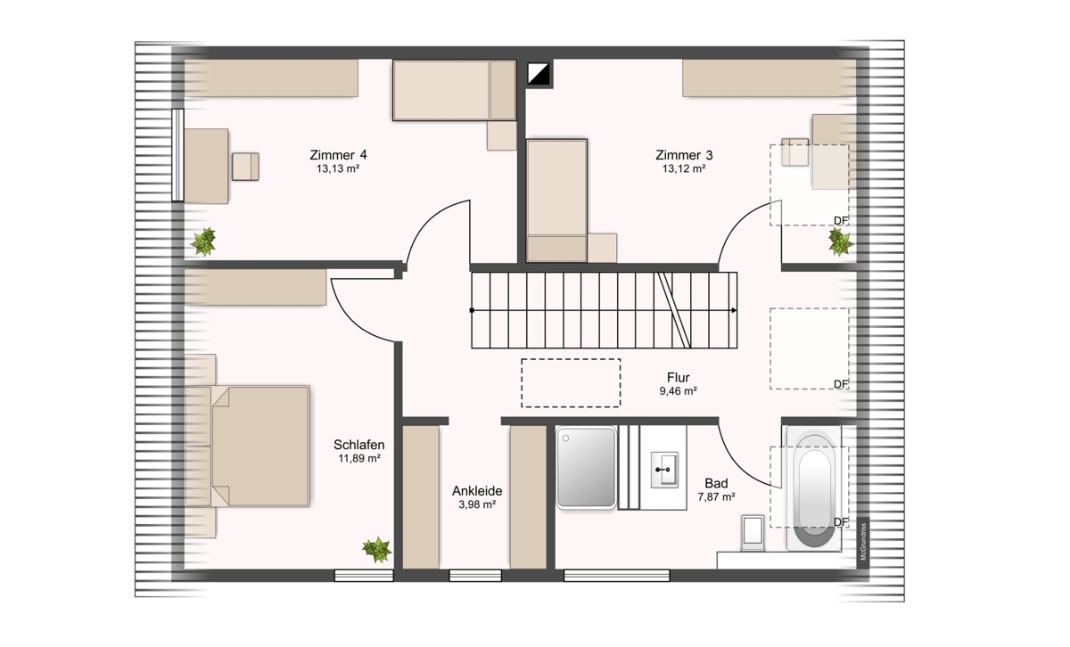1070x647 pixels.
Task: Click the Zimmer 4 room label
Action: coord(338,155)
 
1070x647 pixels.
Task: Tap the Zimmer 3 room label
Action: coord(684,155)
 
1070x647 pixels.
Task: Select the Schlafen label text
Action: coord(358,445)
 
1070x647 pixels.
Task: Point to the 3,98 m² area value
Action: coord(477,504)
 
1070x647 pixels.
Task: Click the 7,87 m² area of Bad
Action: coord(716,496)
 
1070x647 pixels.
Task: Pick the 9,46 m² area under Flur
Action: coord(678,391)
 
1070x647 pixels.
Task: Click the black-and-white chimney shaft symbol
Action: coord(539,74)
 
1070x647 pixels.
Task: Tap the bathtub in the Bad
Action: coord(814,489)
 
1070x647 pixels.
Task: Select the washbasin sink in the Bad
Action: coord(664,470)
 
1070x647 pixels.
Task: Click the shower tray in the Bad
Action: coord(586,467)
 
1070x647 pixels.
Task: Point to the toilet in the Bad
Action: coord(753,532)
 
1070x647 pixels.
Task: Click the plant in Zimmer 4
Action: coord(204,242)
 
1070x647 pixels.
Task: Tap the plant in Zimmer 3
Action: coord(840,242)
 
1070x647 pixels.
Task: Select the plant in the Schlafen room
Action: coord(377,550)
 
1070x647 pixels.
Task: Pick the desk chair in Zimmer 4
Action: coord(245,167)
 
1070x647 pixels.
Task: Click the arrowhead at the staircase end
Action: coord(734,310)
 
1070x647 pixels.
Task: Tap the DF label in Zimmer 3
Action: coord(841,221)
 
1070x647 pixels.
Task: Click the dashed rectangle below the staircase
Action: coord(571,383)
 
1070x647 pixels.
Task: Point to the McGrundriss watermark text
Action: coord(863,542)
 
